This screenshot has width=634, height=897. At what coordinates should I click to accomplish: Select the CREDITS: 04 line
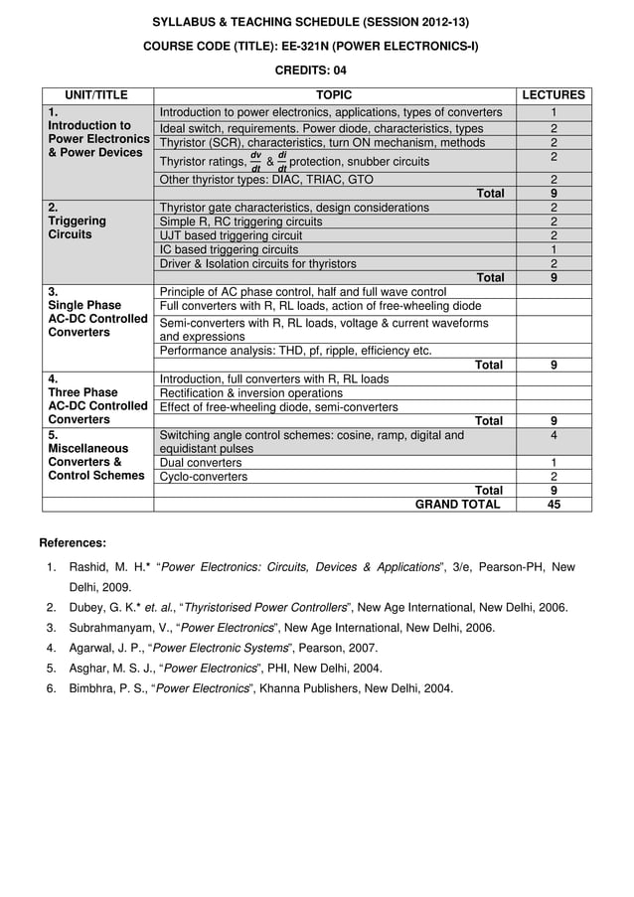pos(310,71)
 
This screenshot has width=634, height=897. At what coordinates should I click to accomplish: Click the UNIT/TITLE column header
pos(96,95)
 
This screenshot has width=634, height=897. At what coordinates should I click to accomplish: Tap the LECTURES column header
pos(554,95)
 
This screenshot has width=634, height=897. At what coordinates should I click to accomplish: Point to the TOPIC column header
pos(333,95)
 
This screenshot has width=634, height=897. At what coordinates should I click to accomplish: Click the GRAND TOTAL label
pos(457,504)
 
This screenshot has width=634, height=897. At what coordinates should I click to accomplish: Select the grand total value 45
pos(554,504)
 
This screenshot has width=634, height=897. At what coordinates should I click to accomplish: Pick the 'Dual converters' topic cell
pos(201,463)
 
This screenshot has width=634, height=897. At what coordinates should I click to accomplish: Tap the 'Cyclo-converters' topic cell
pos(204,477)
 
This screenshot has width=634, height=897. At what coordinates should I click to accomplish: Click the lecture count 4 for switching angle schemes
pos(554,435)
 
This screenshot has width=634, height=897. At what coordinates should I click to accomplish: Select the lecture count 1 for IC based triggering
pos(554,249)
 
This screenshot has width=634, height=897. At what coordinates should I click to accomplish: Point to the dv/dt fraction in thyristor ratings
pos(255,161)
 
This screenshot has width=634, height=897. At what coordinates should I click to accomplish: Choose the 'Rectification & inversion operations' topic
pos(251,392)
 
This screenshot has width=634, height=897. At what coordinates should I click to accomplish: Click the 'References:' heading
pos(72,542)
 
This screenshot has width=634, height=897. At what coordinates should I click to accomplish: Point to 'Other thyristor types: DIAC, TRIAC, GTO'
pos(266,179)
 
